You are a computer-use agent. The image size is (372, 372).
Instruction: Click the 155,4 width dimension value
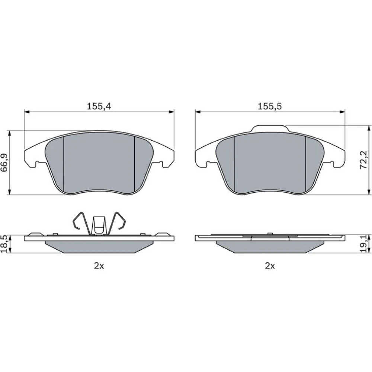pyautogui.click(x=99, y=106)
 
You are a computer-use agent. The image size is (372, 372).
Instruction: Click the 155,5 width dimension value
pyautogui.click(x=270, y=106)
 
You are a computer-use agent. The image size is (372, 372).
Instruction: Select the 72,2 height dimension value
pyautogui.click(x=363, y=160)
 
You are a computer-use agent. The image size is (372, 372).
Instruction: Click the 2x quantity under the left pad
pyautogui.click(x=99, y=266)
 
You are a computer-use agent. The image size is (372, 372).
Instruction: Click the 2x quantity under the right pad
pyautogui.click(x=270, y=266)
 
